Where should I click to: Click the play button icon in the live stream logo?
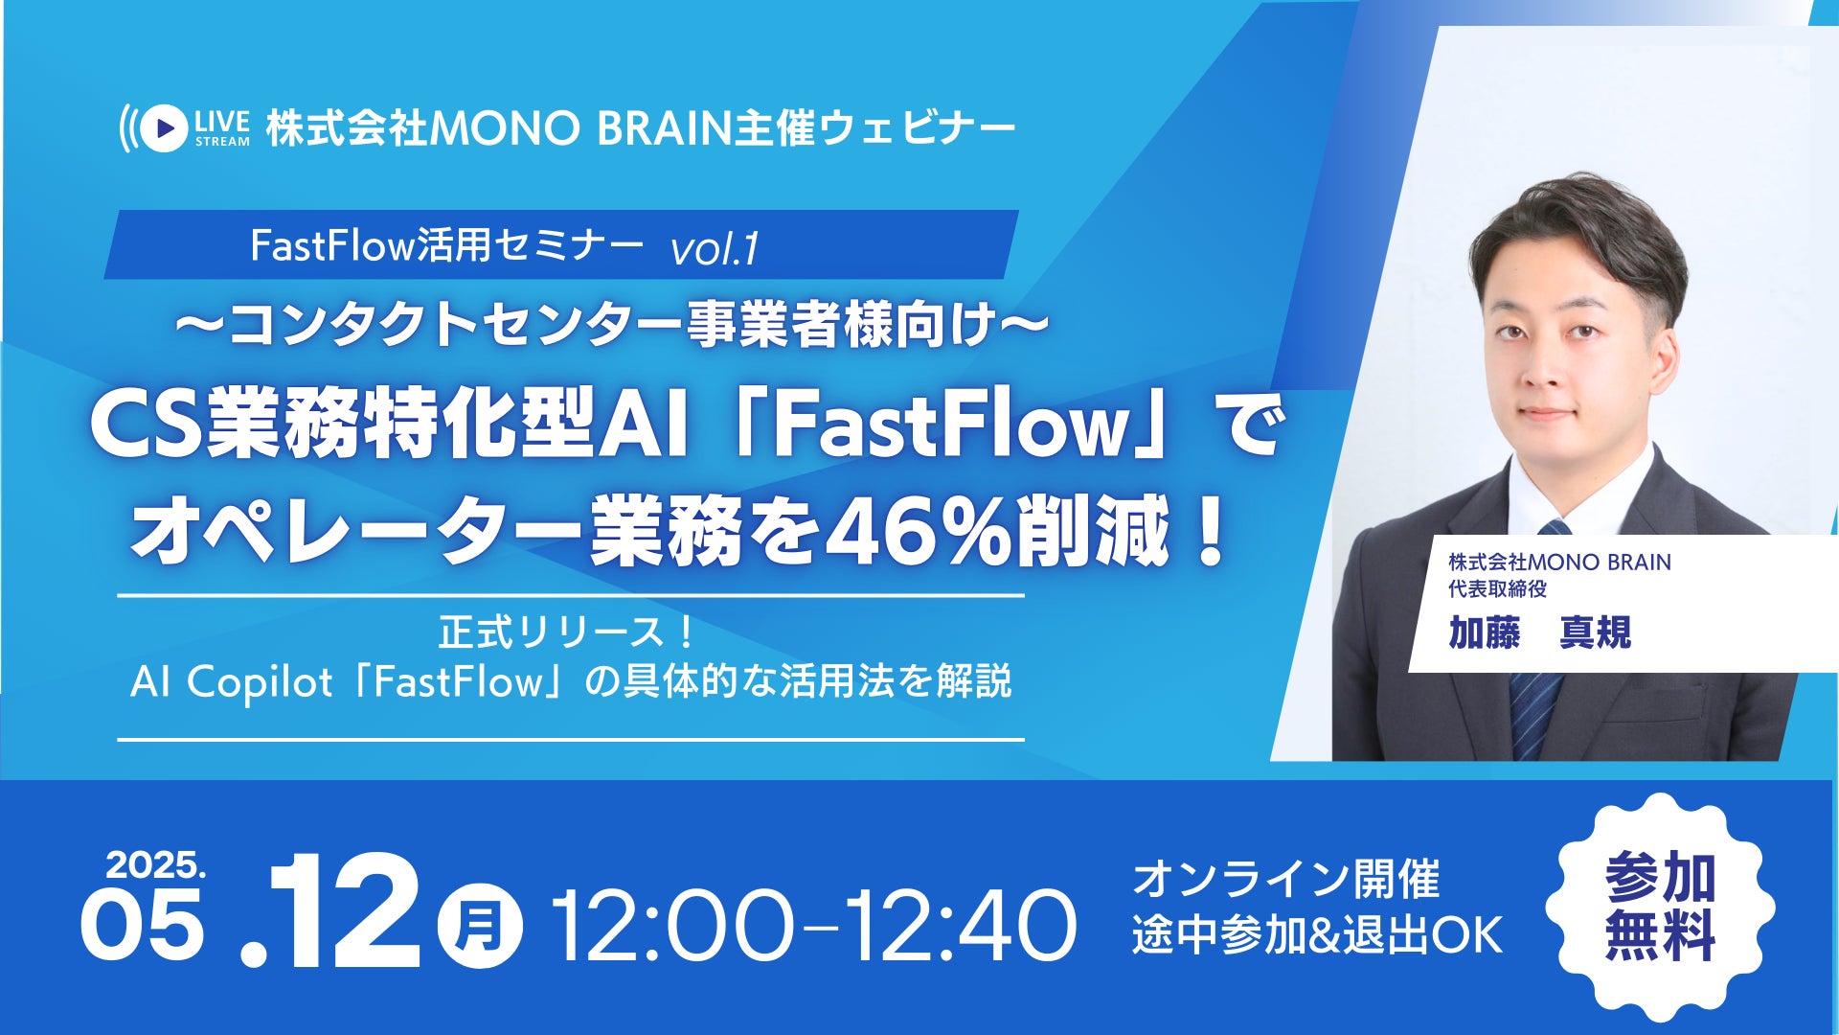point(166,127)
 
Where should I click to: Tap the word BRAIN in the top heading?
point(663,128)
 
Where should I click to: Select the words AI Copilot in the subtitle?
point(231,682)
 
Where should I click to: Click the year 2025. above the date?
point(155,865)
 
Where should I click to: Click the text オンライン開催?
point(1285,879)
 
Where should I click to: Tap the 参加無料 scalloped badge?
point(1660,906)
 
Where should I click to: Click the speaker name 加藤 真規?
point(1539,632)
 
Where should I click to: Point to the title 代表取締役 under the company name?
point(1497,588)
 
